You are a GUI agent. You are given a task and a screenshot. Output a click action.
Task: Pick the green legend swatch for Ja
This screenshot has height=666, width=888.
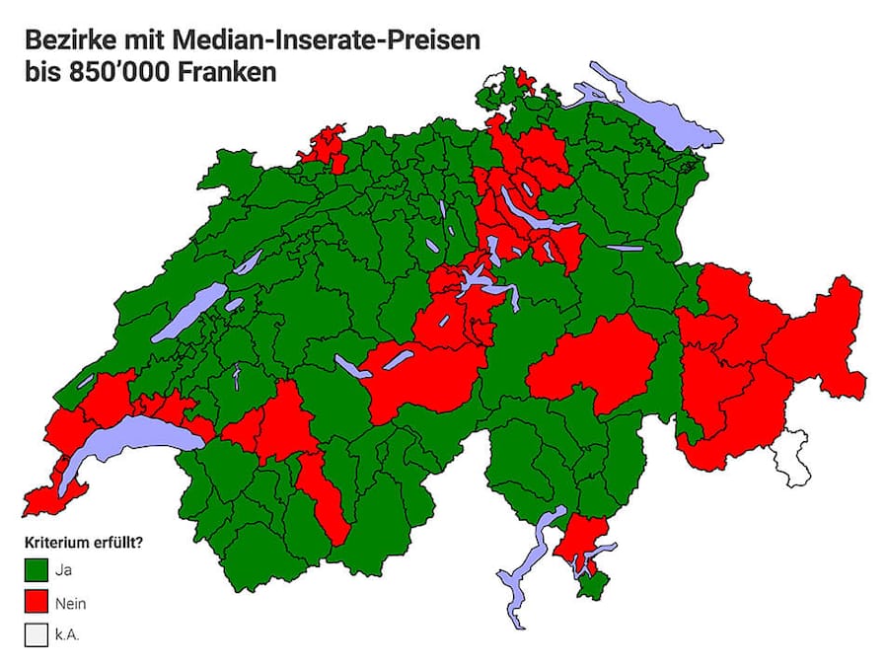37,569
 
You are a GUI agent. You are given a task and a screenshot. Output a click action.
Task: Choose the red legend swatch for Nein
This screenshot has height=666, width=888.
37,601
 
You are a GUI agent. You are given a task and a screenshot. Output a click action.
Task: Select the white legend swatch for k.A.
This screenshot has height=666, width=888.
37,633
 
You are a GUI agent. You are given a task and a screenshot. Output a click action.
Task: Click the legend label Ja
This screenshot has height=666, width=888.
65,569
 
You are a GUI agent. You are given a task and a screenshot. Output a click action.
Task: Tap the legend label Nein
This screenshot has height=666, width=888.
71,602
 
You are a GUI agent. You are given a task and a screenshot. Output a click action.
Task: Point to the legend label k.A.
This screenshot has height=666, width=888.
69,634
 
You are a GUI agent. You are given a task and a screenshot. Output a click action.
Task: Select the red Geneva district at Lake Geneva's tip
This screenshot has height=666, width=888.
44,498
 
